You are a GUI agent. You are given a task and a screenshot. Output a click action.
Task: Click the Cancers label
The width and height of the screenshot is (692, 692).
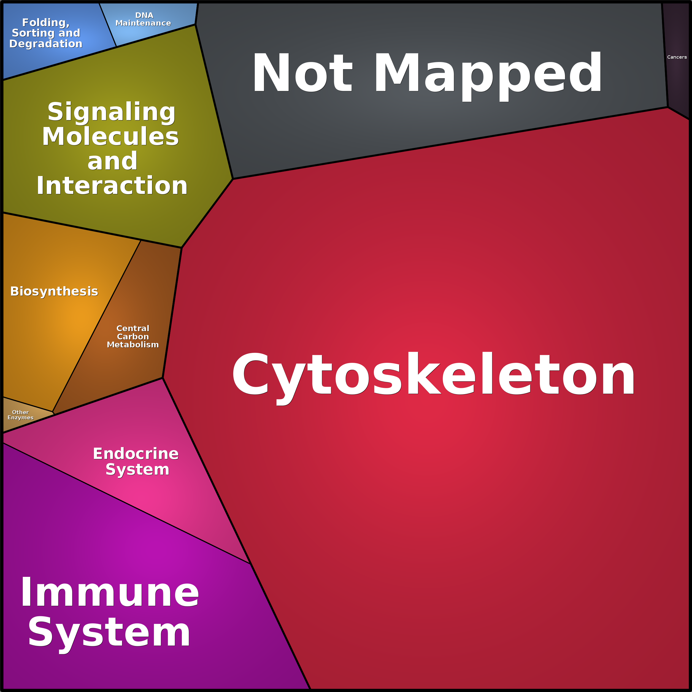click(x=677, y=57)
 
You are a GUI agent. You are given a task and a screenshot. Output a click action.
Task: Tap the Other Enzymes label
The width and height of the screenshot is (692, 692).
click(x=20, y=415)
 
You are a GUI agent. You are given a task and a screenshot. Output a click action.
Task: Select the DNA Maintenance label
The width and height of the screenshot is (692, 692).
click(x=143, y=19)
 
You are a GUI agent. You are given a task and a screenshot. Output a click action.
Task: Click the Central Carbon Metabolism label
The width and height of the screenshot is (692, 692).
click(x=133, y=336)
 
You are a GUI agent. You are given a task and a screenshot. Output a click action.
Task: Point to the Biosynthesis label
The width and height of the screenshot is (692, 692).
click(x=54, y=291)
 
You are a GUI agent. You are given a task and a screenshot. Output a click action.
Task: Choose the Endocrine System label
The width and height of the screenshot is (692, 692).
click(x=136, y=462)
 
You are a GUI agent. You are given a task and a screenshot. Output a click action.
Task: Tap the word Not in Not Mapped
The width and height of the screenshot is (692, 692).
click(x=303, y=73)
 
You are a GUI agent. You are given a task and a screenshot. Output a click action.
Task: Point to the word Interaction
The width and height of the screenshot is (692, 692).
click(x=112, y=186)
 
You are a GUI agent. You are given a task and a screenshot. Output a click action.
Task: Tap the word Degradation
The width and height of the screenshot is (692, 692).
click(x=46, y=44)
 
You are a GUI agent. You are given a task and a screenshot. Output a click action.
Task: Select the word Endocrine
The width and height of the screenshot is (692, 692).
click(x=136, y=454)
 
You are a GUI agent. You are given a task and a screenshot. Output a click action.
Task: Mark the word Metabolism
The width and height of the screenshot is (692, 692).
click(x=133, y=345)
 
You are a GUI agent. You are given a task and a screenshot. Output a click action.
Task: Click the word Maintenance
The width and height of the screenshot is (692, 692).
click(x=143, y=23)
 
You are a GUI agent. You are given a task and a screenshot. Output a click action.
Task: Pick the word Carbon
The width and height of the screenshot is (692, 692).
click(x=133, y=337)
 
